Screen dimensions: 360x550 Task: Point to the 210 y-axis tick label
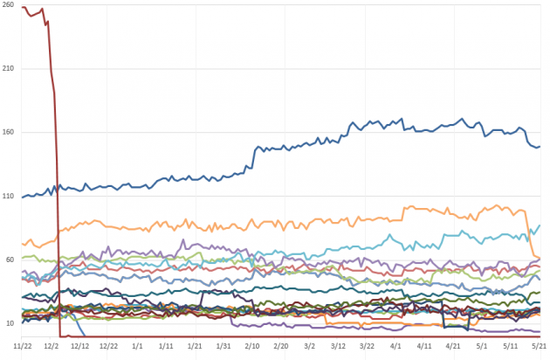tap(9, 69)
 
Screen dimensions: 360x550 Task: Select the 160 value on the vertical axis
tap(9, 133)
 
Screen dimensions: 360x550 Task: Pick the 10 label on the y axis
tap(9, 324)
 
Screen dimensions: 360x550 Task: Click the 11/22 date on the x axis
tap(24, 347)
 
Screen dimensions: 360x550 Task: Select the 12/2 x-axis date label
tap(52, 347)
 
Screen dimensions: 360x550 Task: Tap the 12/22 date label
tap(109, 347)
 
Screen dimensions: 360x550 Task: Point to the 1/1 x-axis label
tap(138, 347)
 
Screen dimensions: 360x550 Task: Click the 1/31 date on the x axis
tap(223, 347)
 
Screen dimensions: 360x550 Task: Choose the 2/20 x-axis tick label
tap(281, 347)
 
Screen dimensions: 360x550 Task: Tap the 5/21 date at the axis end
tap(539, 347)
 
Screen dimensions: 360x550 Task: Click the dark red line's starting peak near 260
tap(24, 8)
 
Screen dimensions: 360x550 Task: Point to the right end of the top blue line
tap(540, 146)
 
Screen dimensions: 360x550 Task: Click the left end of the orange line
tap(21, 242)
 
